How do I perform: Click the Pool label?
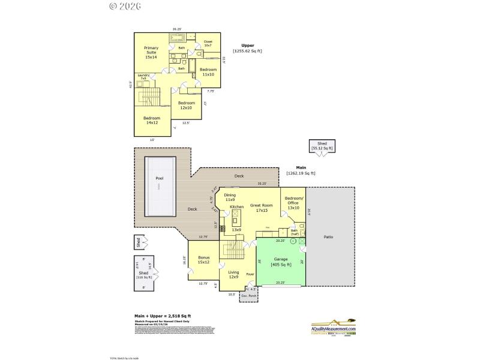(x=159, y=178)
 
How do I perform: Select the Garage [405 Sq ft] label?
(x=281, y=262)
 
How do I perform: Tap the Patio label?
(x=328, y=237)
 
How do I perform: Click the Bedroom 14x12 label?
(x=151, y=120)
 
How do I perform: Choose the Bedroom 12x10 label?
(x=186, y=105)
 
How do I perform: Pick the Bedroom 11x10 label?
(x=208, y=72)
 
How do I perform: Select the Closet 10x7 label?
(x=208, y=43)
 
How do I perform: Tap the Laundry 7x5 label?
(x=143, y=77)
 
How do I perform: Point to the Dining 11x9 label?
(x=230, y=197)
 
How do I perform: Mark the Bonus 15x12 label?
(x=203, y=259)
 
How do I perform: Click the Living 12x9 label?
(x=233, y=274)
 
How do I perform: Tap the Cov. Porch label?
(x=248, y=296)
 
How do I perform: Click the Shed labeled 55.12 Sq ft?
(x=322, y=146)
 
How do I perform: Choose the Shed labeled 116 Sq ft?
(x=144, y=275)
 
